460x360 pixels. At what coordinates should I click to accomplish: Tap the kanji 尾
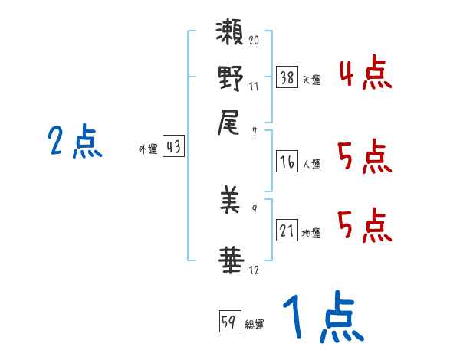(230, 121)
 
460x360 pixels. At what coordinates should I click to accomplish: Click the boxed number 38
(287, 77)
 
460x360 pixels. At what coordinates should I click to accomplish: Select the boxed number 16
(287, 161)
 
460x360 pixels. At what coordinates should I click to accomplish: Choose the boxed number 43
(174, 148)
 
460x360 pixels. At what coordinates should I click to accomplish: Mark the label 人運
(312, 164)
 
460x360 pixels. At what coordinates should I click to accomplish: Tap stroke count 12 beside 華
(253, 270)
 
